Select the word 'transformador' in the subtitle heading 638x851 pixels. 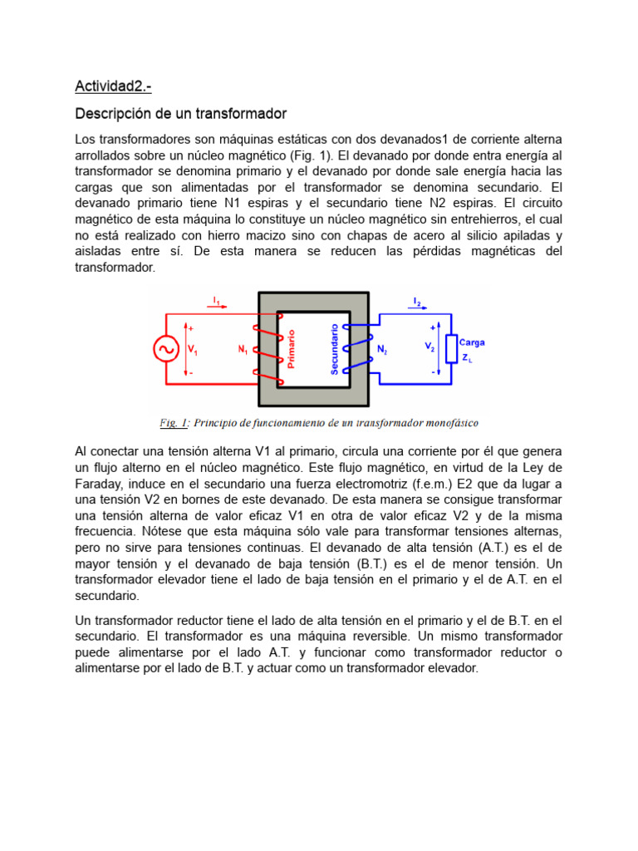pos(241,113)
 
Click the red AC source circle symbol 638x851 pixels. pos(166,349)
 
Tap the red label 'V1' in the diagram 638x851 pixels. pos(193,350)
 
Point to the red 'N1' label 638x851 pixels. pos(243,350)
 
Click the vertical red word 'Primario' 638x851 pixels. pos(292,349)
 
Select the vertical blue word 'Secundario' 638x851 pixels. pos(335,349)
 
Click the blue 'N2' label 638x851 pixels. pos(382,350)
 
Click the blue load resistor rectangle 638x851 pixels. pos(451,349)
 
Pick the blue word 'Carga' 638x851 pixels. pos(472,342)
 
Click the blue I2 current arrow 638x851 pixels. pos(416,307)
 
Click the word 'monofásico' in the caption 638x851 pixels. pos(449,423)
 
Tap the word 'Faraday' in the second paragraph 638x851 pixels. pos(99,485)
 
